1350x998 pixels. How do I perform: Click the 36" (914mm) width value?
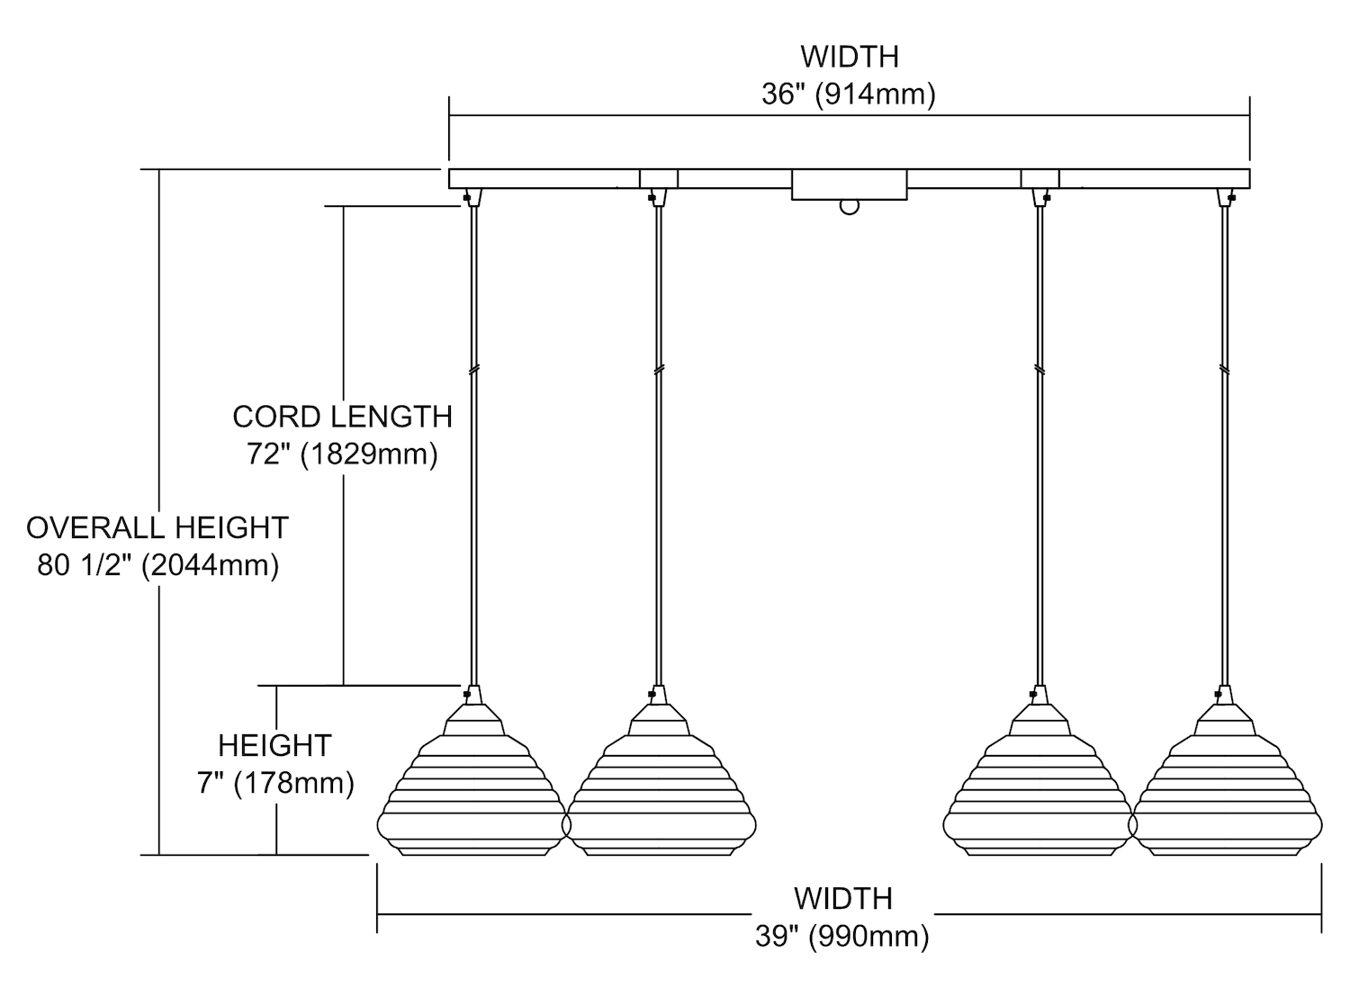pos(849,94)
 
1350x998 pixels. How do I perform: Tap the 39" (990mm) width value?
pos(842,937)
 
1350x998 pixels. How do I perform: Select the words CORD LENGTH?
pos(342,417)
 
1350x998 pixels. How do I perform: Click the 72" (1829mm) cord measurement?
pos(342,454)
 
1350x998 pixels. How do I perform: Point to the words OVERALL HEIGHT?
pos(157,527)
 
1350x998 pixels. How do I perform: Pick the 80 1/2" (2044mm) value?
pos(158,565)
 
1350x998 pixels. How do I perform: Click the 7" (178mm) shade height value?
pos(275,783)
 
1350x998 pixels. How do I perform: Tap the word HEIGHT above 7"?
pos(275,745)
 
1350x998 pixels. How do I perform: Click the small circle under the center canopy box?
pos(849,207)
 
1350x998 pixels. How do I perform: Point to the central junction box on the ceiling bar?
pos(849,184)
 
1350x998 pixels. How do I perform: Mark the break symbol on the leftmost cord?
pos(473,369)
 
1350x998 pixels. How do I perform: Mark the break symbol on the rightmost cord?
pos(1225,369)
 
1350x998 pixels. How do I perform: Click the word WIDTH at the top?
pos(850,57)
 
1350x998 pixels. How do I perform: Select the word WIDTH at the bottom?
pos(842,898)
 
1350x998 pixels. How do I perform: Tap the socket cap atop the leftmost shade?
pos(473,695)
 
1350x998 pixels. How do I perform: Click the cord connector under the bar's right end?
pos(1226,197)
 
